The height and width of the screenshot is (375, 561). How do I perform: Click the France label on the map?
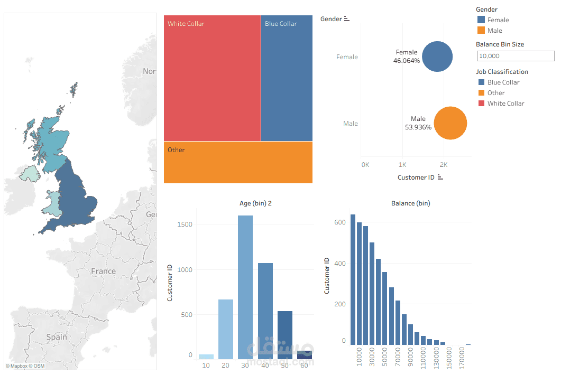(103, 271)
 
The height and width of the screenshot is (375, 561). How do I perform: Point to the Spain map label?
(57, 337)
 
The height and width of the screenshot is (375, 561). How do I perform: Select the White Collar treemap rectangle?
(212, 79)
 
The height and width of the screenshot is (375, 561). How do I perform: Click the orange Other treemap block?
(238, 163)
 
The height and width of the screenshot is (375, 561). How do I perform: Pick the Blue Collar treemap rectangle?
(287, 79)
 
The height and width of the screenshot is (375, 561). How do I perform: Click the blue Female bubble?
(437, 57)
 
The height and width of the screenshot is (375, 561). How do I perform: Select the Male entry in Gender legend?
(494, 31)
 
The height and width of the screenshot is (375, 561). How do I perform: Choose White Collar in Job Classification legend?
(505, 104)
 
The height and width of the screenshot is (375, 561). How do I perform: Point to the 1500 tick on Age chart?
(185, 224)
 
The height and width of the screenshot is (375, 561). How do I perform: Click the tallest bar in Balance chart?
(353, 280)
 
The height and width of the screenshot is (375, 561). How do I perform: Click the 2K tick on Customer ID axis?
(444, 164)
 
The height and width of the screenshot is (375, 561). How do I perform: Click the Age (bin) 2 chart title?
(256, 203)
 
